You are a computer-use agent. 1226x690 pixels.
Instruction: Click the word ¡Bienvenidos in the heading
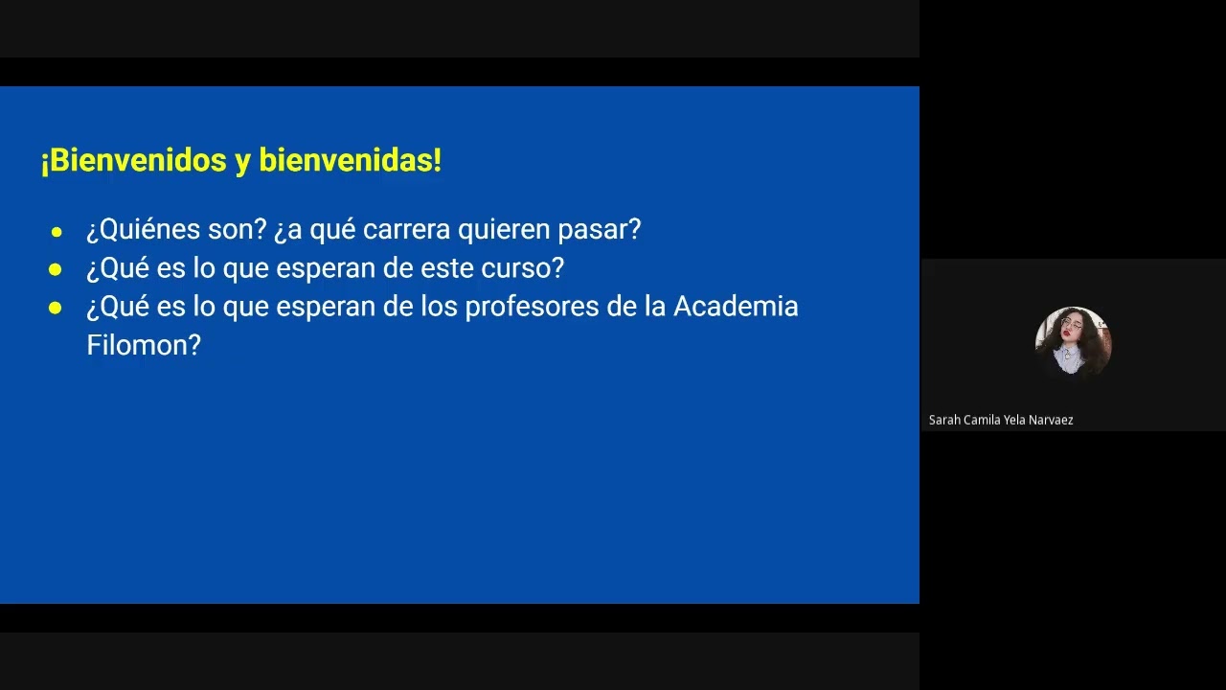(x=133, y=161)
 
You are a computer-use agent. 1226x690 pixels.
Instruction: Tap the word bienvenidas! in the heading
(x=350, y=161)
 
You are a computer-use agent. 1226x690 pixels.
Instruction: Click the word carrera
(x=406, y=230)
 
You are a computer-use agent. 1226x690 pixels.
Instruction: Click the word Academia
(x=736, y=307)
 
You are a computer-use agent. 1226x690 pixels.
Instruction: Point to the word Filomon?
(x=144, y=345)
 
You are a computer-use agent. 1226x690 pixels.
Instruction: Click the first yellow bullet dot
(x=57, y=232)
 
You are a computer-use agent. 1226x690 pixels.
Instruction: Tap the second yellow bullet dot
(x=56, y=270)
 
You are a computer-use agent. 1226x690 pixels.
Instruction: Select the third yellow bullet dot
(x=56, y=309)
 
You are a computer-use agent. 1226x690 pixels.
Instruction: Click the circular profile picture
(x=1073, y=341)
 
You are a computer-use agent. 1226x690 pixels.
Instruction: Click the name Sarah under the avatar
(x=944, y=420)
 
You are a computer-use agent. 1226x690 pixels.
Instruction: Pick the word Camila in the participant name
(x=983, y=420)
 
